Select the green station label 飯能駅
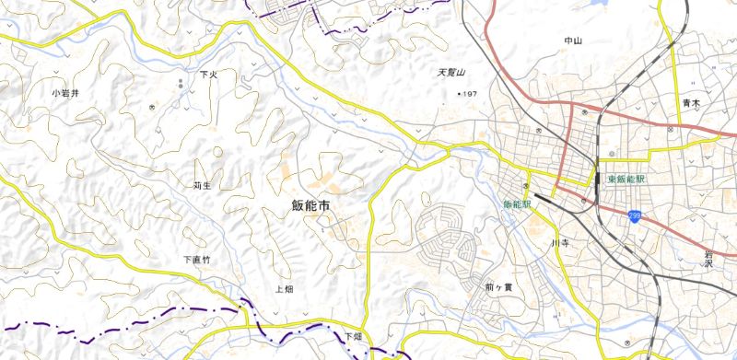tap(517, 203)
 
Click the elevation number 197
tap(470, 95)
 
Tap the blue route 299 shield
tap(635, 216)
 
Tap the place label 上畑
tap(284, 289)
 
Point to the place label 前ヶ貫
tap(497, 287)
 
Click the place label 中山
tap(573, 41)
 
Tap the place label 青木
tap(692, 103)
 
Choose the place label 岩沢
tap(709, 257)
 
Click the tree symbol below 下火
tap(181, 86)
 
